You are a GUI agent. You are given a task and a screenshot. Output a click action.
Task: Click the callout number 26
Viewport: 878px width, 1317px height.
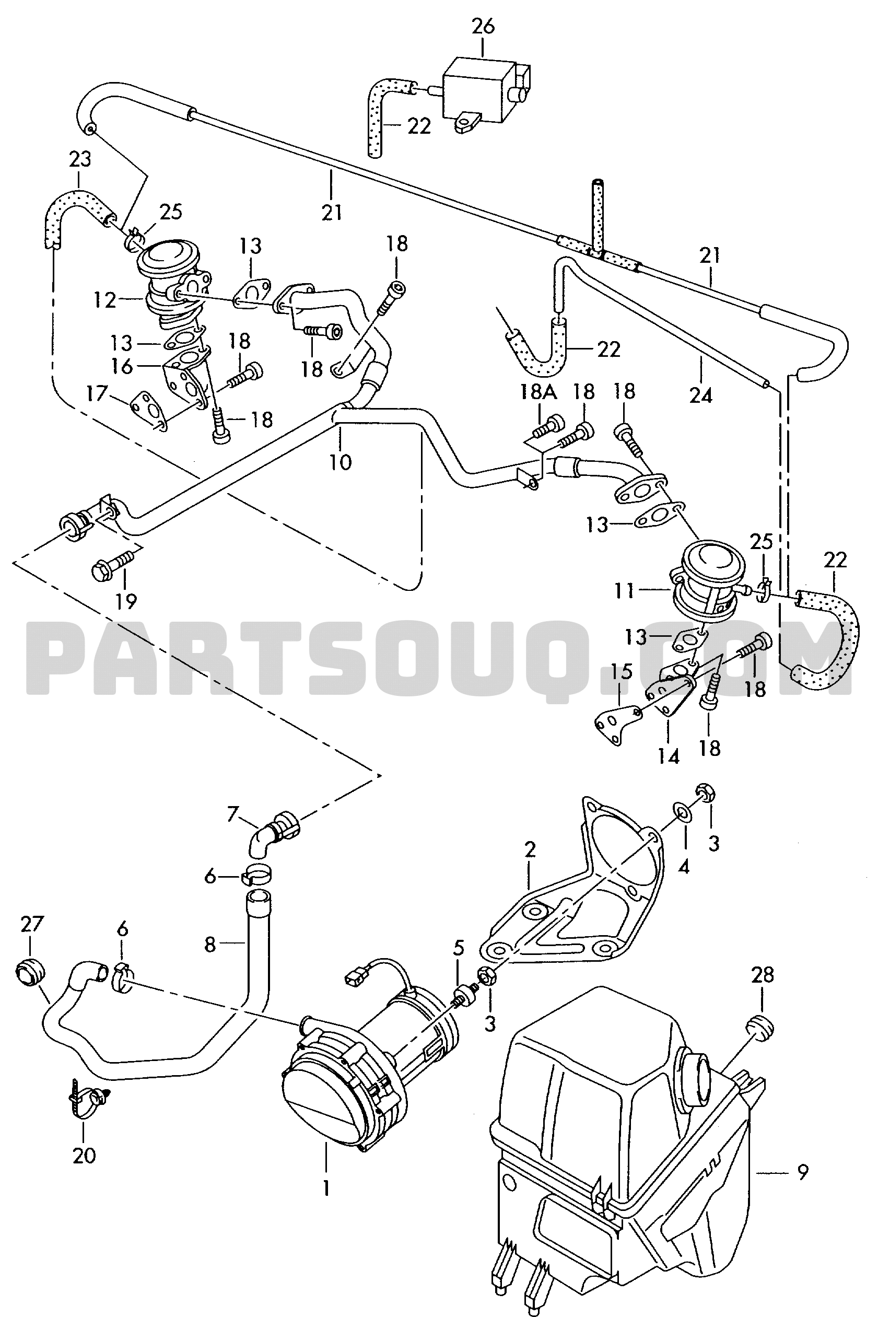point(483,27)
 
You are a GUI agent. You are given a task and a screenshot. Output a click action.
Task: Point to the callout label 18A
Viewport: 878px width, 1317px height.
point(537,392)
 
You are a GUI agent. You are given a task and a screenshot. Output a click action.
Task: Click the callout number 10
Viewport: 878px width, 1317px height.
point(341,462)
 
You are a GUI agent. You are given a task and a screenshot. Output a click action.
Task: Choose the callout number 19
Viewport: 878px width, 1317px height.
point(126,601)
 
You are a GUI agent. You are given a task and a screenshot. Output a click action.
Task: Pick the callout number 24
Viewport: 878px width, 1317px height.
point(700,395)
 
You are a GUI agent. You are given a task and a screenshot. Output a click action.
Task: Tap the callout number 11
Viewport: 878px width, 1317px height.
point(624,590)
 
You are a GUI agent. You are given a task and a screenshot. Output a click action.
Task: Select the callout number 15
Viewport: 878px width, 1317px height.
point(622,671)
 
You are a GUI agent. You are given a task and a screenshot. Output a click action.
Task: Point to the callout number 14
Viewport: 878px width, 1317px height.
point(669,756)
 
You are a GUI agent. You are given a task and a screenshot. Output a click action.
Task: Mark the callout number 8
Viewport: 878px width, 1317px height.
point(209,945)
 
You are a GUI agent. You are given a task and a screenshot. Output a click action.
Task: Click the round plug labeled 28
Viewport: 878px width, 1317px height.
point(760,1028)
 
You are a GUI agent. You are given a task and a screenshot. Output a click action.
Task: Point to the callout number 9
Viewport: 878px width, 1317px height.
point(803,1171)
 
